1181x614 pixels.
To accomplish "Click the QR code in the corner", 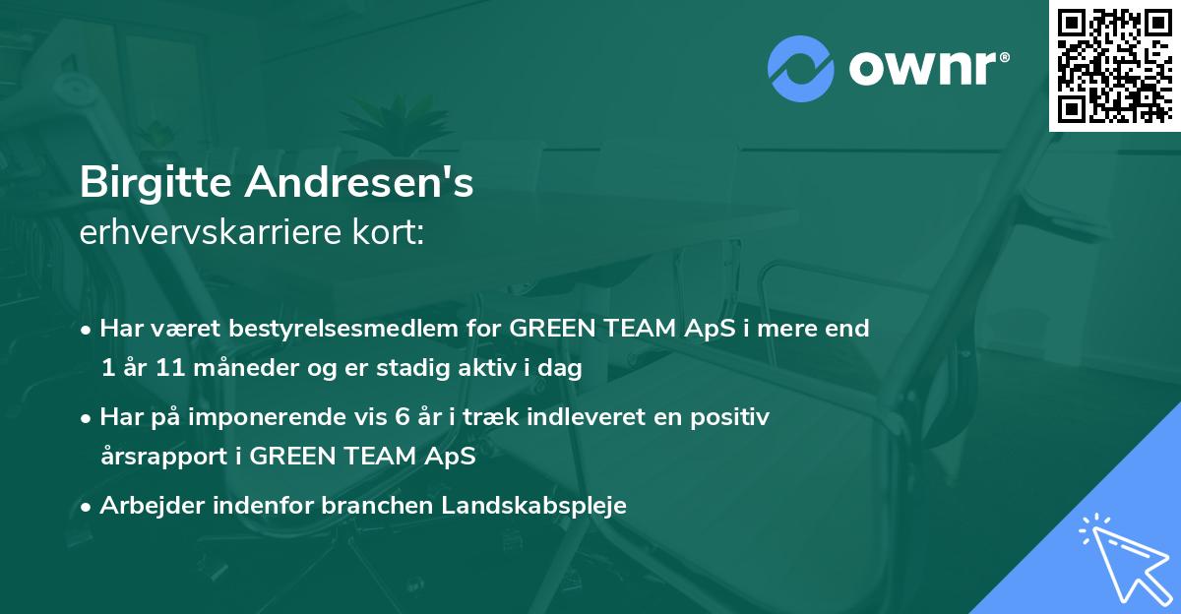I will click(x=1114, y=65).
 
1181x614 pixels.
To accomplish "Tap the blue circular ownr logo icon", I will click(x=800, y=68).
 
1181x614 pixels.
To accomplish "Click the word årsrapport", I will click(x=162, y=457).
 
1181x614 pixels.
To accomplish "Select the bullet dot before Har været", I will click(x=88, y=330).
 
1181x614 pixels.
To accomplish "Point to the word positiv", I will click(x=733, y=417).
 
